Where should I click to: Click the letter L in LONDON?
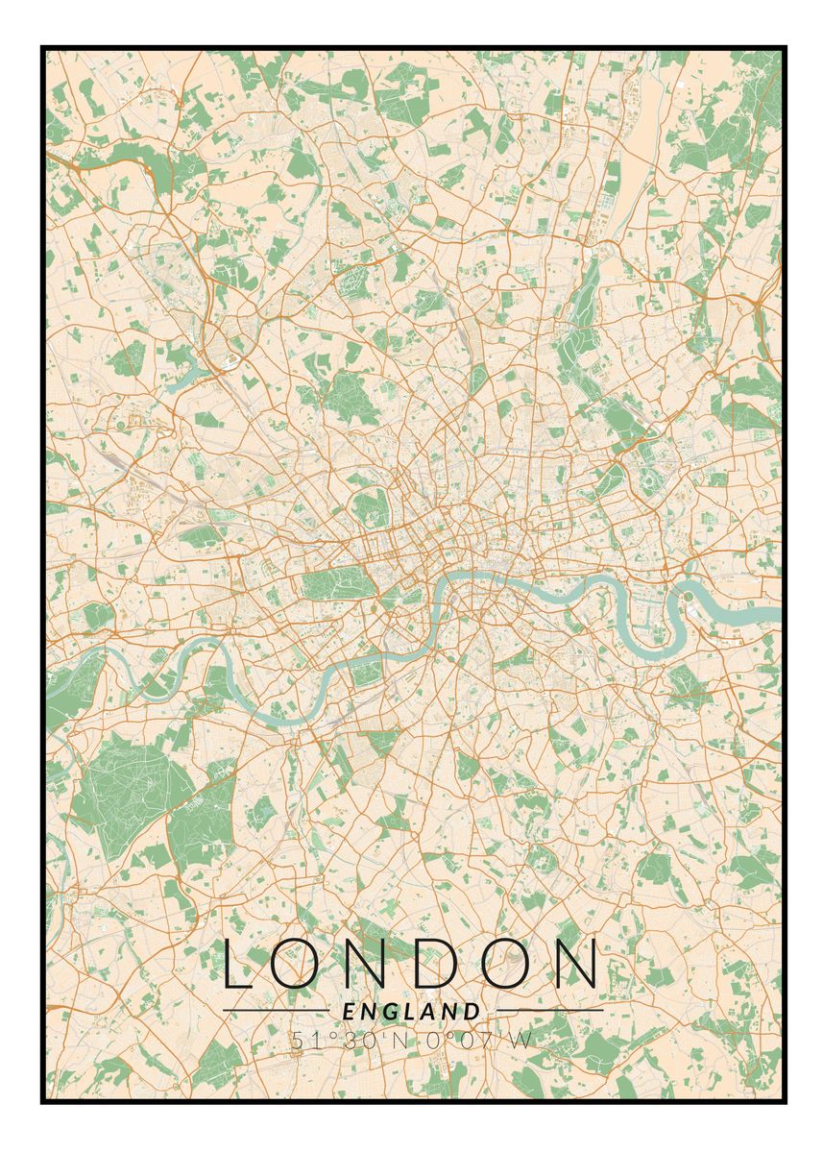[239, 965]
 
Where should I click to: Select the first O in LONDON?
[299, 965]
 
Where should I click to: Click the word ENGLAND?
[411, 1011]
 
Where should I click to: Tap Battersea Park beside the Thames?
[367, 671]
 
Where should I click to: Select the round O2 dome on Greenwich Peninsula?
[688, 596]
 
